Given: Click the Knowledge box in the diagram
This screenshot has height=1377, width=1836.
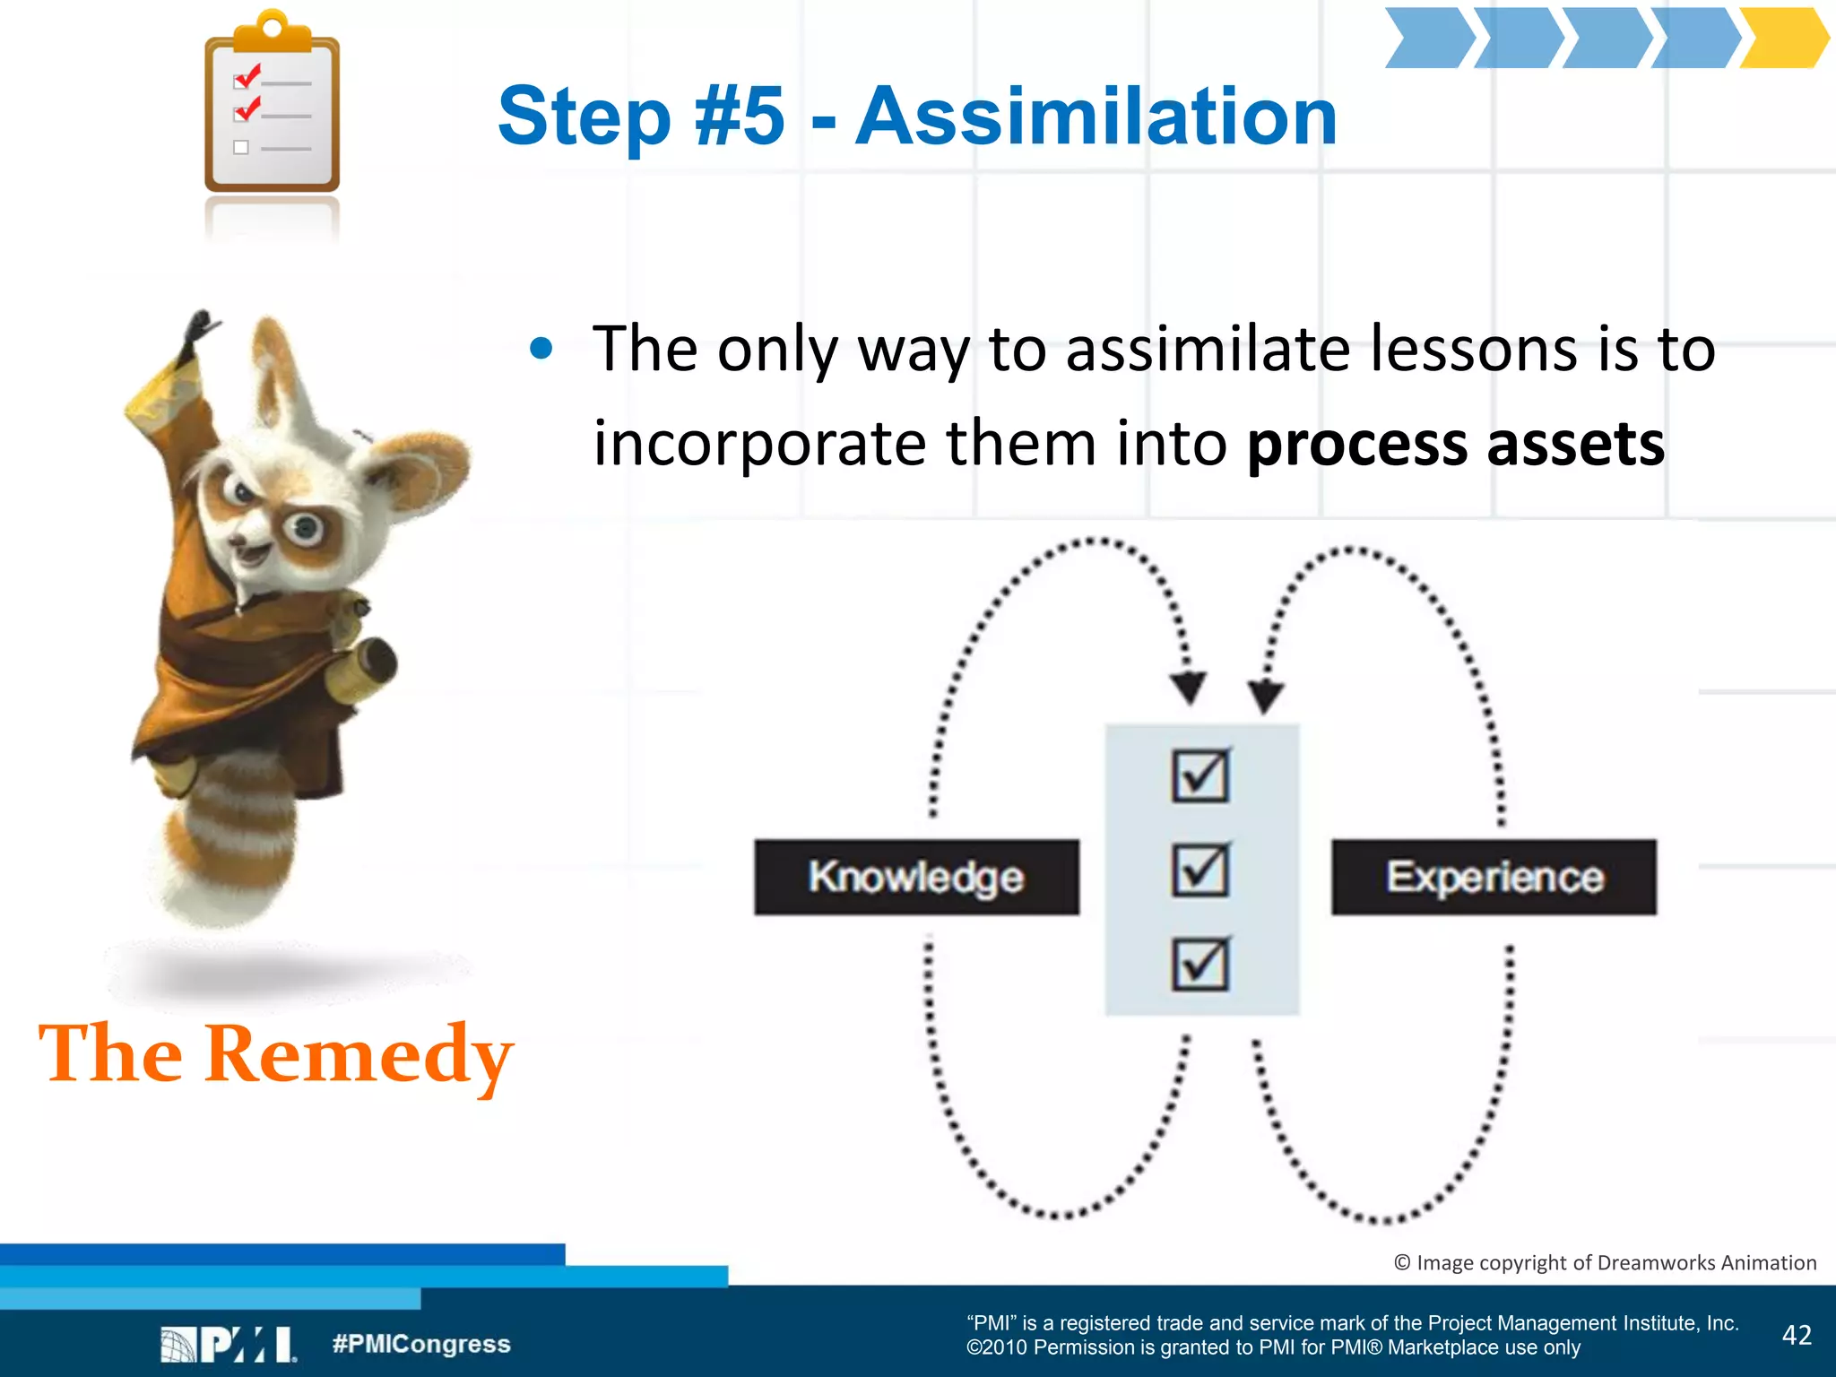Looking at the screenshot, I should point(916,877).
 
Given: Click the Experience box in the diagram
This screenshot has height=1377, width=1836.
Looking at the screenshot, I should point(1494,877).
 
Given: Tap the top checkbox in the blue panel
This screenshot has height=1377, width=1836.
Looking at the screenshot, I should point(1200,775).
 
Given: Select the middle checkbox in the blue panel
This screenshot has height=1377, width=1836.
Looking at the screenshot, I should point(1200,870).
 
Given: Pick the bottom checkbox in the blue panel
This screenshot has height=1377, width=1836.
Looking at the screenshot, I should point(1200,964).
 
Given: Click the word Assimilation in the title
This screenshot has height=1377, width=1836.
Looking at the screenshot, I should point(1096,117).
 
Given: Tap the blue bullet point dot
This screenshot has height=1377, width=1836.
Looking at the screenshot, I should point(541,349).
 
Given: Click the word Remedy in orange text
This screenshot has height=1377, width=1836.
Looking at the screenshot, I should point(359,1054).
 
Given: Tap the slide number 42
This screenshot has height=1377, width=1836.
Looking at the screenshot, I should point(1797,1335).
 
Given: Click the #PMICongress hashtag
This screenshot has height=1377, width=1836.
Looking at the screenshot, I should point(421,1344).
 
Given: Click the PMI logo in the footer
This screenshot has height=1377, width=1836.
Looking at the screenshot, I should point(229,1344).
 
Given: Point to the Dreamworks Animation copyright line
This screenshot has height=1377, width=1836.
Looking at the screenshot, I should point(1605,1262).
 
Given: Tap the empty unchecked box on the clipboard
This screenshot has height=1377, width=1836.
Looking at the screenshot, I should point(241,148).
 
